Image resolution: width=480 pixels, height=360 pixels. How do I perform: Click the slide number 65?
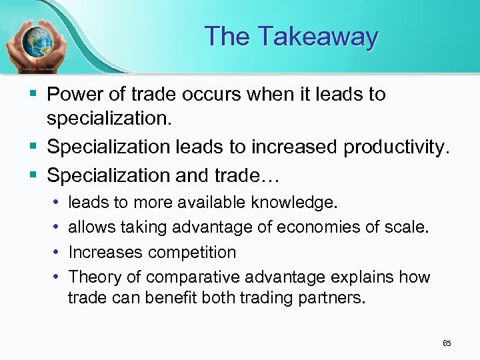coord(447,343)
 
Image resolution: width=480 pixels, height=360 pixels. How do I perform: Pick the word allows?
coord(92,227)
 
